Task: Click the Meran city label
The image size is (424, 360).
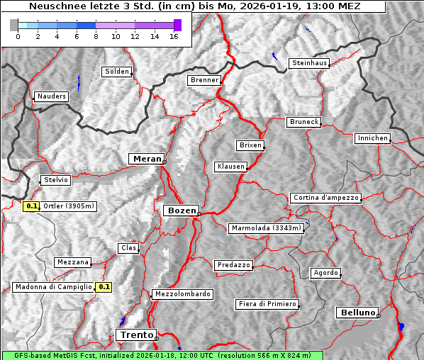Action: coord(145,159)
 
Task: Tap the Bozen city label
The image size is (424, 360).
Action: coord(181,210)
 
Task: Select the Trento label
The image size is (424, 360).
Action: coord(135,334)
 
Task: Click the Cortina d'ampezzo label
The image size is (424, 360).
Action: coord(325,198)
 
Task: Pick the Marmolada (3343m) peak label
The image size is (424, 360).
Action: coord(267,228)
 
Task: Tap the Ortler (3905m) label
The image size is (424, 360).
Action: coord(68,206)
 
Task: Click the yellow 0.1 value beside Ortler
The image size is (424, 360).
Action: coord(31,206)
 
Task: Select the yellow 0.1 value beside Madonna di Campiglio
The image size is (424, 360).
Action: coord(104,287)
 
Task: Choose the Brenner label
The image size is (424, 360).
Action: coord(205,80)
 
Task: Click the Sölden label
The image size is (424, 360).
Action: coord(117,72)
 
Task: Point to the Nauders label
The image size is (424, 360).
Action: coord(52,96)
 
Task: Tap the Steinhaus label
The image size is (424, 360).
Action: coord(310,63)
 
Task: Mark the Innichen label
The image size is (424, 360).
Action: coord(372,138)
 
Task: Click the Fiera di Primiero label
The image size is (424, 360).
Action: coord(267,304)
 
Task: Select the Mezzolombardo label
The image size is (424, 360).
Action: coord(182,293)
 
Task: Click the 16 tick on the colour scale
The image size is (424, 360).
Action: coord(174,35)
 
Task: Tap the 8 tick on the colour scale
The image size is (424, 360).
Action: coord(96,35)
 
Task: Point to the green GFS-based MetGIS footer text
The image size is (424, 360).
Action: coord(162,355)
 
